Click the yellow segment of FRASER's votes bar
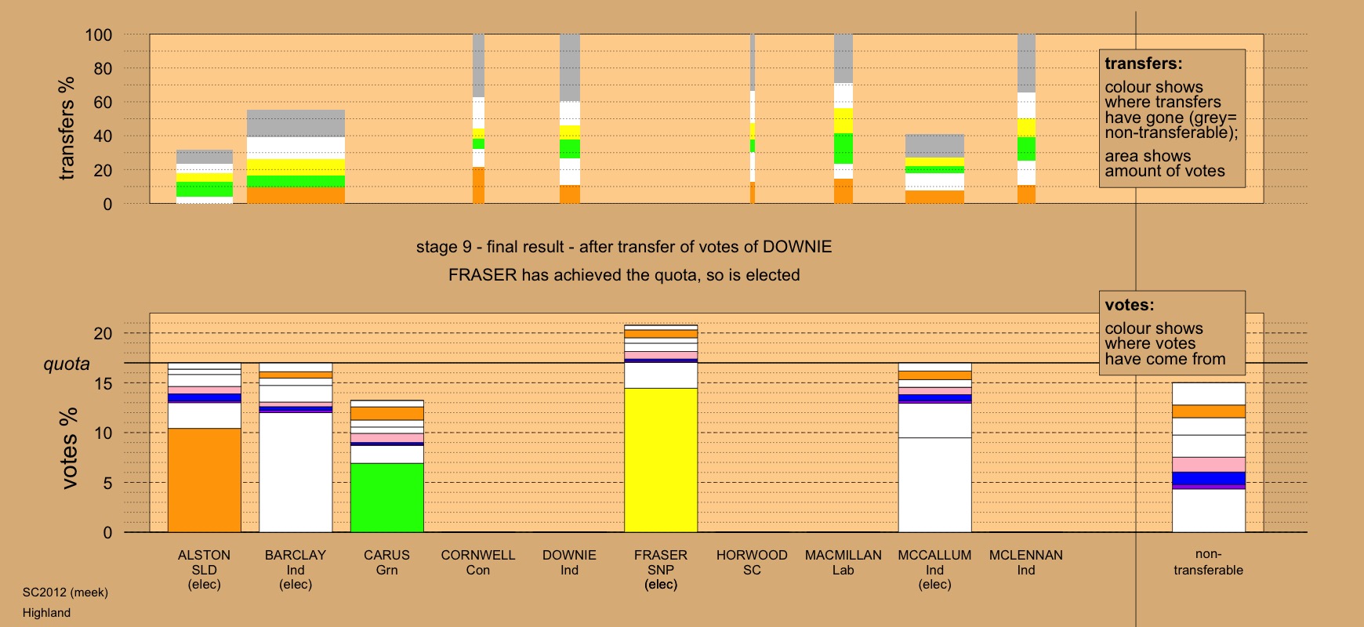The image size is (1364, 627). coord(661,460)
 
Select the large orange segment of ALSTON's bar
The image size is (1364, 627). coord(205,480)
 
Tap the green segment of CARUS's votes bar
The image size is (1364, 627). coord(387,497)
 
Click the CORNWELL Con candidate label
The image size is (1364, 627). coord(478,562)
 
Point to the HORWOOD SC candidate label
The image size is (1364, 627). coord(752,562)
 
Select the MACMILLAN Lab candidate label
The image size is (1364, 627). coord(843,562)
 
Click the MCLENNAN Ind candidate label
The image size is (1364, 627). coord(1026,562)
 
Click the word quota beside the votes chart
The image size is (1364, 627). coord(67,364)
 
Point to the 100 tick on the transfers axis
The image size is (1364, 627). coord(99,34)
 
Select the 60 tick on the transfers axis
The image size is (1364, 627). coord(103,102)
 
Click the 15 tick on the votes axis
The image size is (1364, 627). coord(103,383)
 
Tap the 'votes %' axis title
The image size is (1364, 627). coord(69,448)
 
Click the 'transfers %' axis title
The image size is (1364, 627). coord(67,128)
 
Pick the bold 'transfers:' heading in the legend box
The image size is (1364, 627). coord(1144,63)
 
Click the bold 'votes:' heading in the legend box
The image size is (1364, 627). coord(1130,305)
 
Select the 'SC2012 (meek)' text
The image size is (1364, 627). coord(65,593)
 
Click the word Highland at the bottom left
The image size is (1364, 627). coord(46,613)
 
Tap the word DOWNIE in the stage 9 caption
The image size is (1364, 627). coord(797,247)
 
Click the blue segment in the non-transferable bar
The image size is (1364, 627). coord(1208,478)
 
